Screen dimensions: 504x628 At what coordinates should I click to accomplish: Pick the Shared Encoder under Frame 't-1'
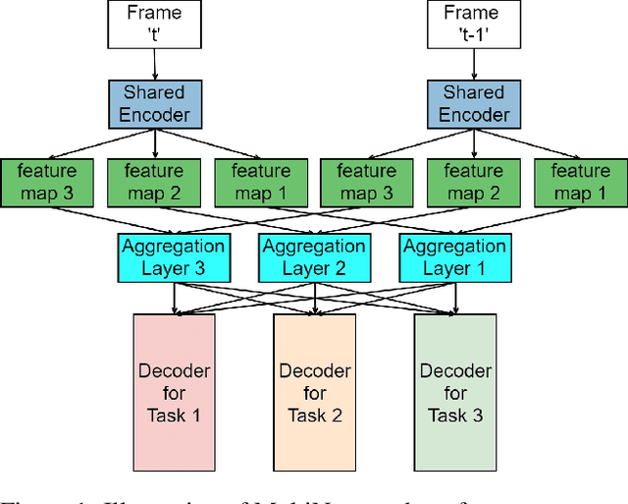(475, 103)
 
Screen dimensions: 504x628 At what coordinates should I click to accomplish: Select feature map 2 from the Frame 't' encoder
(153, 182)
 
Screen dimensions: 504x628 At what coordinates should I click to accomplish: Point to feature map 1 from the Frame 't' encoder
(260, 182)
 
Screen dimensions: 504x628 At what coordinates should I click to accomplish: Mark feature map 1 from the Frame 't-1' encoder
(580, 182)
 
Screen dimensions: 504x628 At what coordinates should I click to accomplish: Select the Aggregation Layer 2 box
(313, 257)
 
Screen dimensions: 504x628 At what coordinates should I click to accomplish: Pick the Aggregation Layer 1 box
(455, 257)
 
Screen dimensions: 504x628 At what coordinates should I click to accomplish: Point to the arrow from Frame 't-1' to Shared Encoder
(475, 65)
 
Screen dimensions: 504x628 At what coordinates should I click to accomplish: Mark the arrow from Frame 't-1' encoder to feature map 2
(475, 143)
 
